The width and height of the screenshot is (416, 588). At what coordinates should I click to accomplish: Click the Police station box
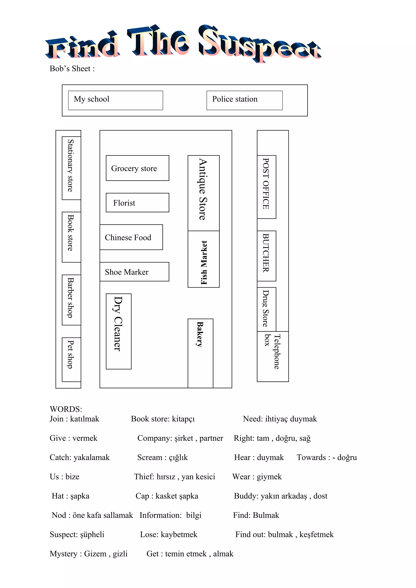coord(244,100)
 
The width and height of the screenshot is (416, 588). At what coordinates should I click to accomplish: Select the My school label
coord(91,99)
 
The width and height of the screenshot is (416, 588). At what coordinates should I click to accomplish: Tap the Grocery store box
coord(137,168)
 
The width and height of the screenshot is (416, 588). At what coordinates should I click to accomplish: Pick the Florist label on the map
coord(124,203)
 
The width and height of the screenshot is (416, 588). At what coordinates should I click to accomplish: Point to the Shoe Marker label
coord(127,272)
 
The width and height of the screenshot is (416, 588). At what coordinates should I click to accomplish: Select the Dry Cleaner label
coord(118,324)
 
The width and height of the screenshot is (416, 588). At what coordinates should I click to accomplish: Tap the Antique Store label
coord(203,190)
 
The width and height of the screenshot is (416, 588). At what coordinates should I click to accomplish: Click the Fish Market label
coord(204,263)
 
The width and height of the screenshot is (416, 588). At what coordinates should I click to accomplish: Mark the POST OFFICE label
coord(266,184)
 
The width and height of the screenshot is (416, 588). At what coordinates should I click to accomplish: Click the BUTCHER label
coord(266,253)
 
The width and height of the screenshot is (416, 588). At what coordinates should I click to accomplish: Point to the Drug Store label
coord(266,308)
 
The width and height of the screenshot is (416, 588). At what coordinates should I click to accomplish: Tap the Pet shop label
coord(70,354)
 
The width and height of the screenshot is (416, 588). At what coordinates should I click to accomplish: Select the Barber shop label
coord(70,298)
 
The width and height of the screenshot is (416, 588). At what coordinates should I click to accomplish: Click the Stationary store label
coord(70,166)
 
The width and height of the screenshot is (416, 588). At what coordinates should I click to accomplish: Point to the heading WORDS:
coord(66,409)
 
